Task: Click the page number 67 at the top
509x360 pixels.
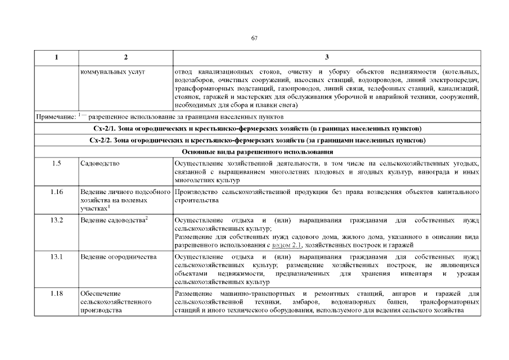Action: tap(254, 38)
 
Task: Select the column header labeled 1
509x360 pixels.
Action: tap(56, 58)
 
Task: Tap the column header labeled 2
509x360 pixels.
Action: tap(125, 58)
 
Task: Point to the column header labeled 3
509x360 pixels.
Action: tap(327, 58)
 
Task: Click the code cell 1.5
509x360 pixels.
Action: tap(56, 163)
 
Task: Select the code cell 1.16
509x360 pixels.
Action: tap(56, 192)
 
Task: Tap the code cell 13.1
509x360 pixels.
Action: tap(56, 256)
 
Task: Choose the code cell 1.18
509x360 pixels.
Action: tap(56, 294)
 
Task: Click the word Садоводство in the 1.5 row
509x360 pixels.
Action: tap(100, 163)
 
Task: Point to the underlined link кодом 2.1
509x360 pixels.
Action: tap(287, 245)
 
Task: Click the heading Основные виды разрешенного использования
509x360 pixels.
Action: tap(258, 152)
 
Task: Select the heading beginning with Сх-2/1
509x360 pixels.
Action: tap(258, 129)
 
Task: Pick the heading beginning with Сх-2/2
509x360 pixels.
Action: tap(258, 140)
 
